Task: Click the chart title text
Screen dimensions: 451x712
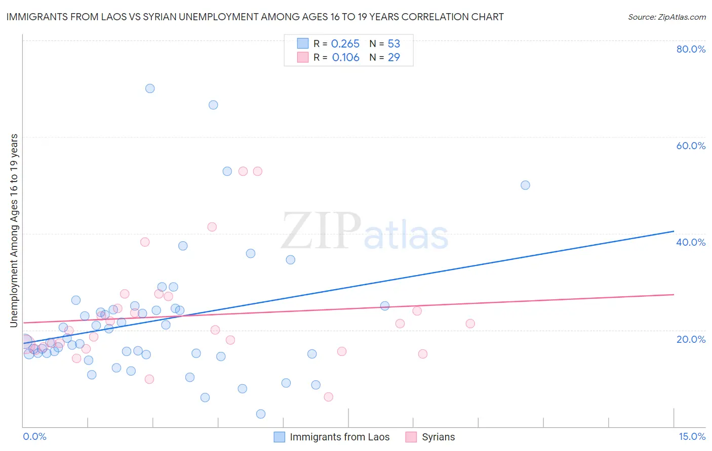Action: point(255,17)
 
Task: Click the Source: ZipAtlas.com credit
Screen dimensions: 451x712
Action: point(666,17)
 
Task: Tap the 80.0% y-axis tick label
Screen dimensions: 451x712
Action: point(691,49)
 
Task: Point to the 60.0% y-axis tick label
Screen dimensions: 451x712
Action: point(691,146)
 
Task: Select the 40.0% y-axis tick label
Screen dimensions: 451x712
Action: point(691,242)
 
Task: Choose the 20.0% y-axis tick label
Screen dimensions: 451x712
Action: point(691,339)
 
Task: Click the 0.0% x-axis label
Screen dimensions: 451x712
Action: point(34,436)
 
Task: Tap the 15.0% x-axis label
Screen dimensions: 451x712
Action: point(692,436)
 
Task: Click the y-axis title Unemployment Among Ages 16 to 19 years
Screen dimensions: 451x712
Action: point(14,231)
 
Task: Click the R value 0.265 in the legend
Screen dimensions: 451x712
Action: point(345,44)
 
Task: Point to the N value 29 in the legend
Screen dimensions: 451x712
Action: point(394,58)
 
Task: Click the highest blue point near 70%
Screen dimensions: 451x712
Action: point(150,88)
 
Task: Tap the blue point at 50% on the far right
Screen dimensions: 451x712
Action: point(525,185)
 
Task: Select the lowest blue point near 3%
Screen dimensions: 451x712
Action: point(261,414)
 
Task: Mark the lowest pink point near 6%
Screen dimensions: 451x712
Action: point(328,397)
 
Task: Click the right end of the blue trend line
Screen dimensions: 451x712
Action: point(674,231)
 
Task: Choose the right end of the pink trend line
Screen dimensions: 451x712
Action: point(674,294)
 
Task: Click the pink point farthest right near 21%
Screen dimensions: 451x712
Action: point(470,324)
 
